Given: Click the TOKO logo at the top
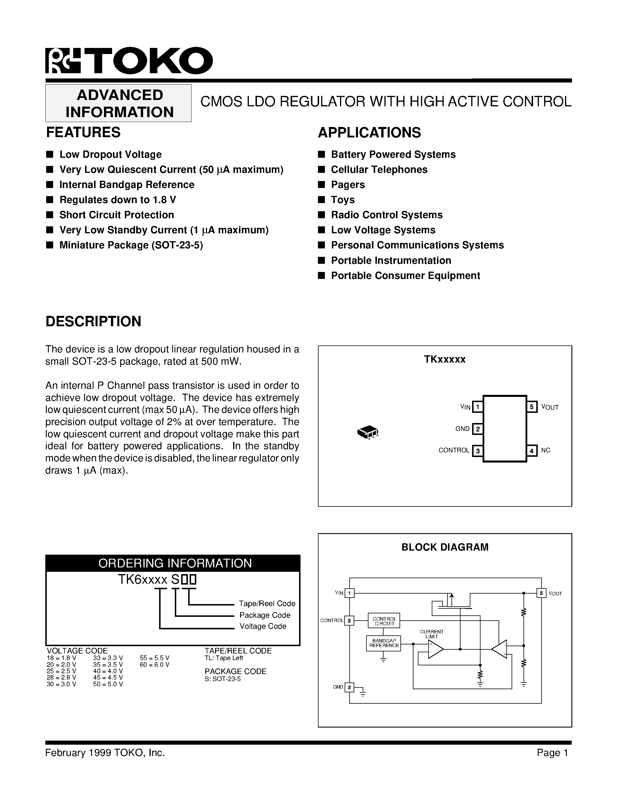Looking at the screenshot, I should [129, 61].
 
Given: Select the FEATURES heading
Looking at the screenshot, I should [83, 132].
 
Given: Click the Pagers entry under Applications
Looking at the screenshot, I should [348, 185].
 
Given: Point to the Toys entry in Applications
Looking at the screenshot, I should [343, 200].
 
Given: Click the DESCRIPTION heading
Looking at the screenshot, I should [93, 321].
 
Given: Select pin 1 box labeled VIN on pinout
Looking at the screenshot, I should [477, 407].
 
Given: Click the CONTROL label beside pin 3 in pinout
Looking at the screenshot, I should [454, 450].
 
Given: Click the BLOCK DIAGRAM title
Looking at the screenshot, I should [445, 547].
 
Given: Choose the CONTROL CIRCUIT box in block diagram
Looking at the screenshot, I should [384, 621].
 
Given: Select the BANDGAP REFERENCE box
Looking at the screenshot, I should [384, 643].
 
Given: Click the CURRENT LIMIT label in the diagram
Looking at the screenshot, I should [432, 634].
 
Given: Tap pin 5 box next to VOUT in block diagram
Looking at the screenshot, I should [541, 593].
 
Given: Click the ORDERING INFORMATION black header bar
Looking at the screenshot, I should [173, 563].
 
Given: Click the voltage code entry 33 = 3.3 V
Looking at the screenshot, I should [108, 658].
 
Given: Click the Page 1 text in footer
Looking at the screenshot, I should [552, 753].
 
